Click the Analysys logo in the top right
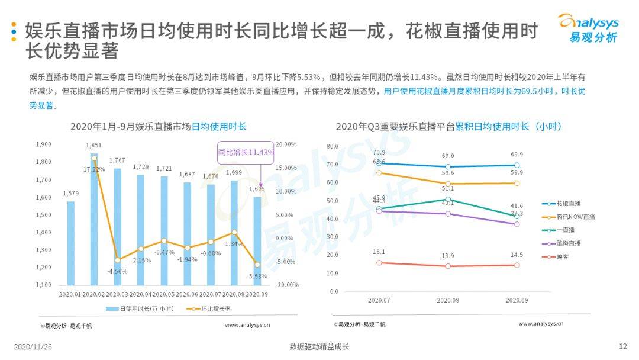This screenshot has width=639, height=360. (588, 28)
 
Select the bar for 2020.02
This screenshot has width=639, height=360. (94, 219)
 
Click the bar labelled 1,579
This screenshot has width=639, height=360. (71, 243)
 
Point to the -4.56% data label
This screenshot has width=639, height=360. (117, 272)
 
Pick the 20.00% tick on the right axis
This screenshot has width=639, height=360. (286, 144)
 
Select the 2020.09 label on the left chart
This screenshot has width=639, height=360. (256, 293)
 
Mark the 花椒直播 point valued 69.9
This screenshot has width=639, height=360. (517, 165)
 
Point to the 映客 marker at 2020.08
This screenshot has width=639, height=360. (448, 266)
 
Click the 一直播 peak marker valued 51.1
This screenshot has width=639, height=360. (448, 200)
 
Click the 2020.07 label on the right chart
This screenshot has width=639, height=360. (379, 300)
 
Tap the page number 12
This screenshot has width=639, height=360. (622, 346)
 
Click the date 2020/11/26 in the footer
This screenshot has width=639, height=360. (33, 347)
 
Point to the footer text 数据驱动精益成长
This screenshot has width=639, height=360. (319, 347)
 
